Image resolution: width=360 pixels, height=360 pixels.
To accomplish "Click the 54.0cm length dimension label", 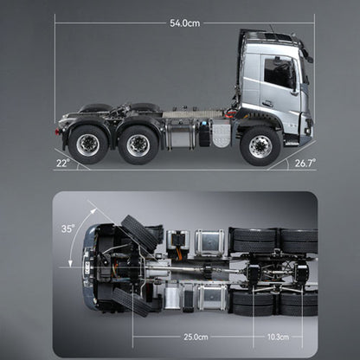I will [x=184, y=22].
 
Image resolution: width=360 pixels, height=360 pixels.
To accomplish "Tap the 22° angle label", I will [x=61, y=162].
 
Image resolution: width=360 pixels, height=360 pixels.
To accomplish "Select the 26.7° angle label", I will [x=305, y=162].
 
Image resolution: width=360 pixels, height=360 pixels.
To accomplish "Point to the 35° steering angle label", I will [x=68, y=229].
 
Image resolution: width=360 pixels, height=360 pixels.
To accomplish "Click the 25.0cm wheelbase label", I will [x=196, y=336].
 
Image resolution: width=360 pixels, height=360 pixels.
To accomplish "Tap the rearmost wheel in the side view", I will [x=87, y=145].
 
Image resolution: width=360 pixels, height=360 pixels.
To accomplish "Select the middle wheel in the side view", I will [x=138, y=145].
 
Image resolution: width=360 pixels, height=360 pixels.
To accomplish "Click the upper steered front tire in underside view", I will [x=138, y=233].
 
